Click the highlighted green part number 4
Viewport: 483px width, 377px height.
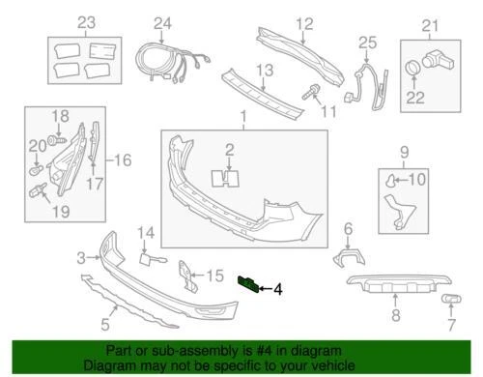[248, 282]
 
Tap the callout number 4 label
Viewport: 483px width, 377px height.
[278, 288]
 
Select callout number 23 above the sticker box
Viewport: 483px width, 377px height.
[87, 22]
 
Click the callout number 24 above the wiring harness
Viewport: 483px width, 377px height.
[161, 23]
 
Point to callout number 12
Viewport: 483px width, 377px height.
[304, 22]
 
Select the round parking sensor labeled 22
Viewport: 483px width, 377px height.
[412, 70]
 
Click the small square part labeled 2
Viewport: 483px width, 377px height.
[230, 176]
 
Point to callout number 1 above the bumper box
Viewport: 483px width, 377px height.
[243, 117]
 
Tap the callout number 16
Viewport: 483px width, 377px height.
[123, 159]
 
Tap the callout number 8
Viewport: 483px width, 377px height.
[394, 315]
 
